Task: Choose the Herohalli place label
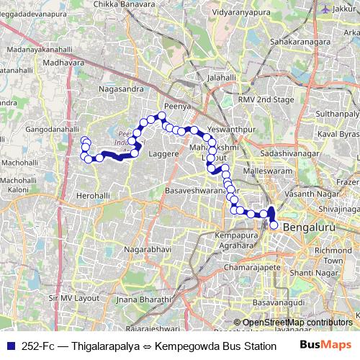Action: (x=94, y=195)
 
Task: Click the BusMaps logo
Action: (x=325, y=346)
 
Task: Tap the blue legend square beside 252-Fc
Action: (x=9, y=346)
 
